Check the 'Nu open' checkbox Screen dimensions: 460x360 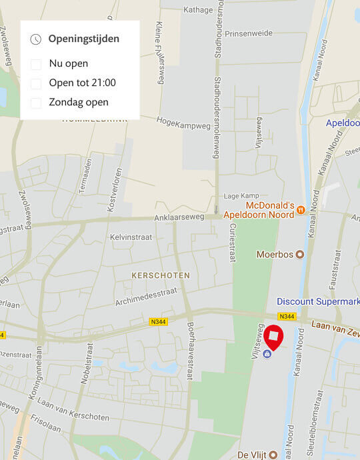click(36, 64)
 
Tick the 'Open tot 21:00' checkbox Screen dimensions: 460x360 click(36, 83)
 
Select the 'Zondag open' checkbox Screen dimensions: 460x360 click(36, 103)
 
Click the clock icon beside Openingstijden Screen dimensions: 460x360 click(36, 39)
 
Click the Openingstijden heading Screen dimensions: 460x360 click(84, 39)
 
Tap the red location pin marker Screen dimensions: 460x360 click(273, 337)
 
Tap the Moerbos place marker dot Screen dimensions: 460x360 click(300, 254)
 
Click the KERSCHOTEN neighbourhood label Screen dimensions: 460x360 click(161, 275)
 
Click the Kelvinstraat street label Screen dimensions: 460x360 click(131, 237)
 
